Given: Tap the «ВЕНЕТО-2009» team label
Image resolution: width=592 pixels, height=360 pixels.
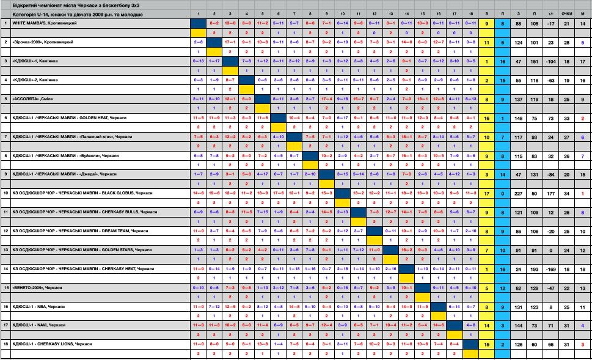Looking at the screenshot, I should pyautogui.click(x=28, y=287).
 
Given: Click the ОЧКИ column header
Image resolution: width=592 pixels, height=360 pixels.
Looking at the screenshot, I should pyautogui.click(x=566, y=13).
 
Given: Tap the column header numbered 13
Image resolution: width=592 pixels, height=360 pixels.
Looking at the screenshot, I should pyautogui.click(x=390, y=13).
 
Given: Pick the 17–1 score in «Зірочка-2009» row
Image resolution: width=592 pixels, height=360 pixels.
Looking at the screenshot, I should pyautogui.click(x=230, y=42).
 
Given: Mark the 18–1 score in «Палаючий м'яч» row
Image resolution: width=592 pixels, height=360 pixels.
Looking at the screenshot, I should pyautogui.click(x=406, y=136).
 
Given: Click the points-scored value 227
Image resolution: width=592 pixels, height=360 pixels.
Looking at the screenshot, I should pyautogui.click(x=519, y=193).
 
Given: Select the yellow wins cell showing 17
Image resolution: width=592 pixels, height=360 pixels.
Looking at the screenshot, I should pyautogui.click(x=486, y=193).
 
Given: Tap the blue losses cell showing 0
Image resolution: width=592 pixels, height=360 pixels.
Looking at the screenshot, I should pyautogui.click(x=502, y=193).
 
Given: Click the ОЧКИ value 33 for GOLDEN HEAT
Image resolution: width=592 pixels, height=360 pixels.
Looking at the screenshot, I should pyautogui.click(x=566, y=117).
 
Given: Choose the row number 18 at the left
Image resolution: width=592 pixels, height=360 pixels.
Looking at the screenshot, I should pyautogui.click(x=5, y=344).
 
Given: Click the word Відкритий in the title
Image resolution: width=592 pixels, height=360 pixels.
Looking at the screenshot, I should pyautogui.click(x=24, y=4).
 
